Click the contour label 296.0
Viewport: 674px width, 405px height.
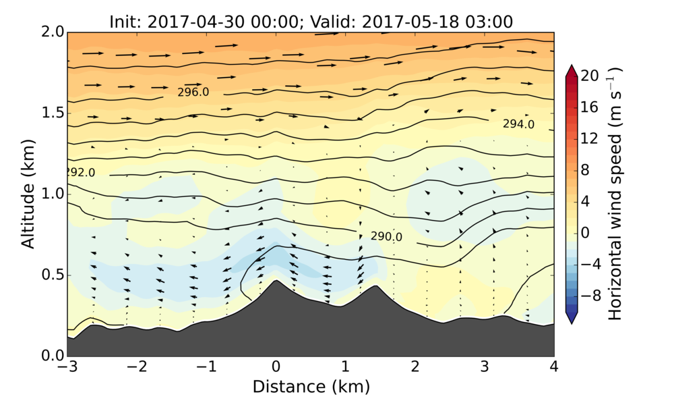[x=193, y=92]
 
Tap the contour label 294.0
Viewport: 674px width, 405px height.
[x=518, y=124]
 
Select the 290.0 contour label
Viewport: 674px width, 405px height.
[x=386, y=237]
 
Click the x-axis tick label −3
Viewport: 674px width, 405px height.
[x=67, y=367]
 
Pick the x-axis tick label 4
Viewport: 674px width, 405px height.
[x=554, y=367]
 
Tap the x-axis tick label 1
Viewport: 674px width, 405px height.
[x=345, y=367]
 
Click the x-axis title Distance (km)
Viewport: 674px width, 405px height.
[x=311, y=387]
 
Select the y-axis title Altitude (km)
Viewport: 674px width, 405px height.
[x=28, y=194]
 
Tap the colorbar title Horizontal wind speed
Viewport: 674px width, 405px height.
[x=615, y=194]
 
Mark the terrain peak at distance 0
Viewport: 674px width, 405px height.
[x=276, y=281]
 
